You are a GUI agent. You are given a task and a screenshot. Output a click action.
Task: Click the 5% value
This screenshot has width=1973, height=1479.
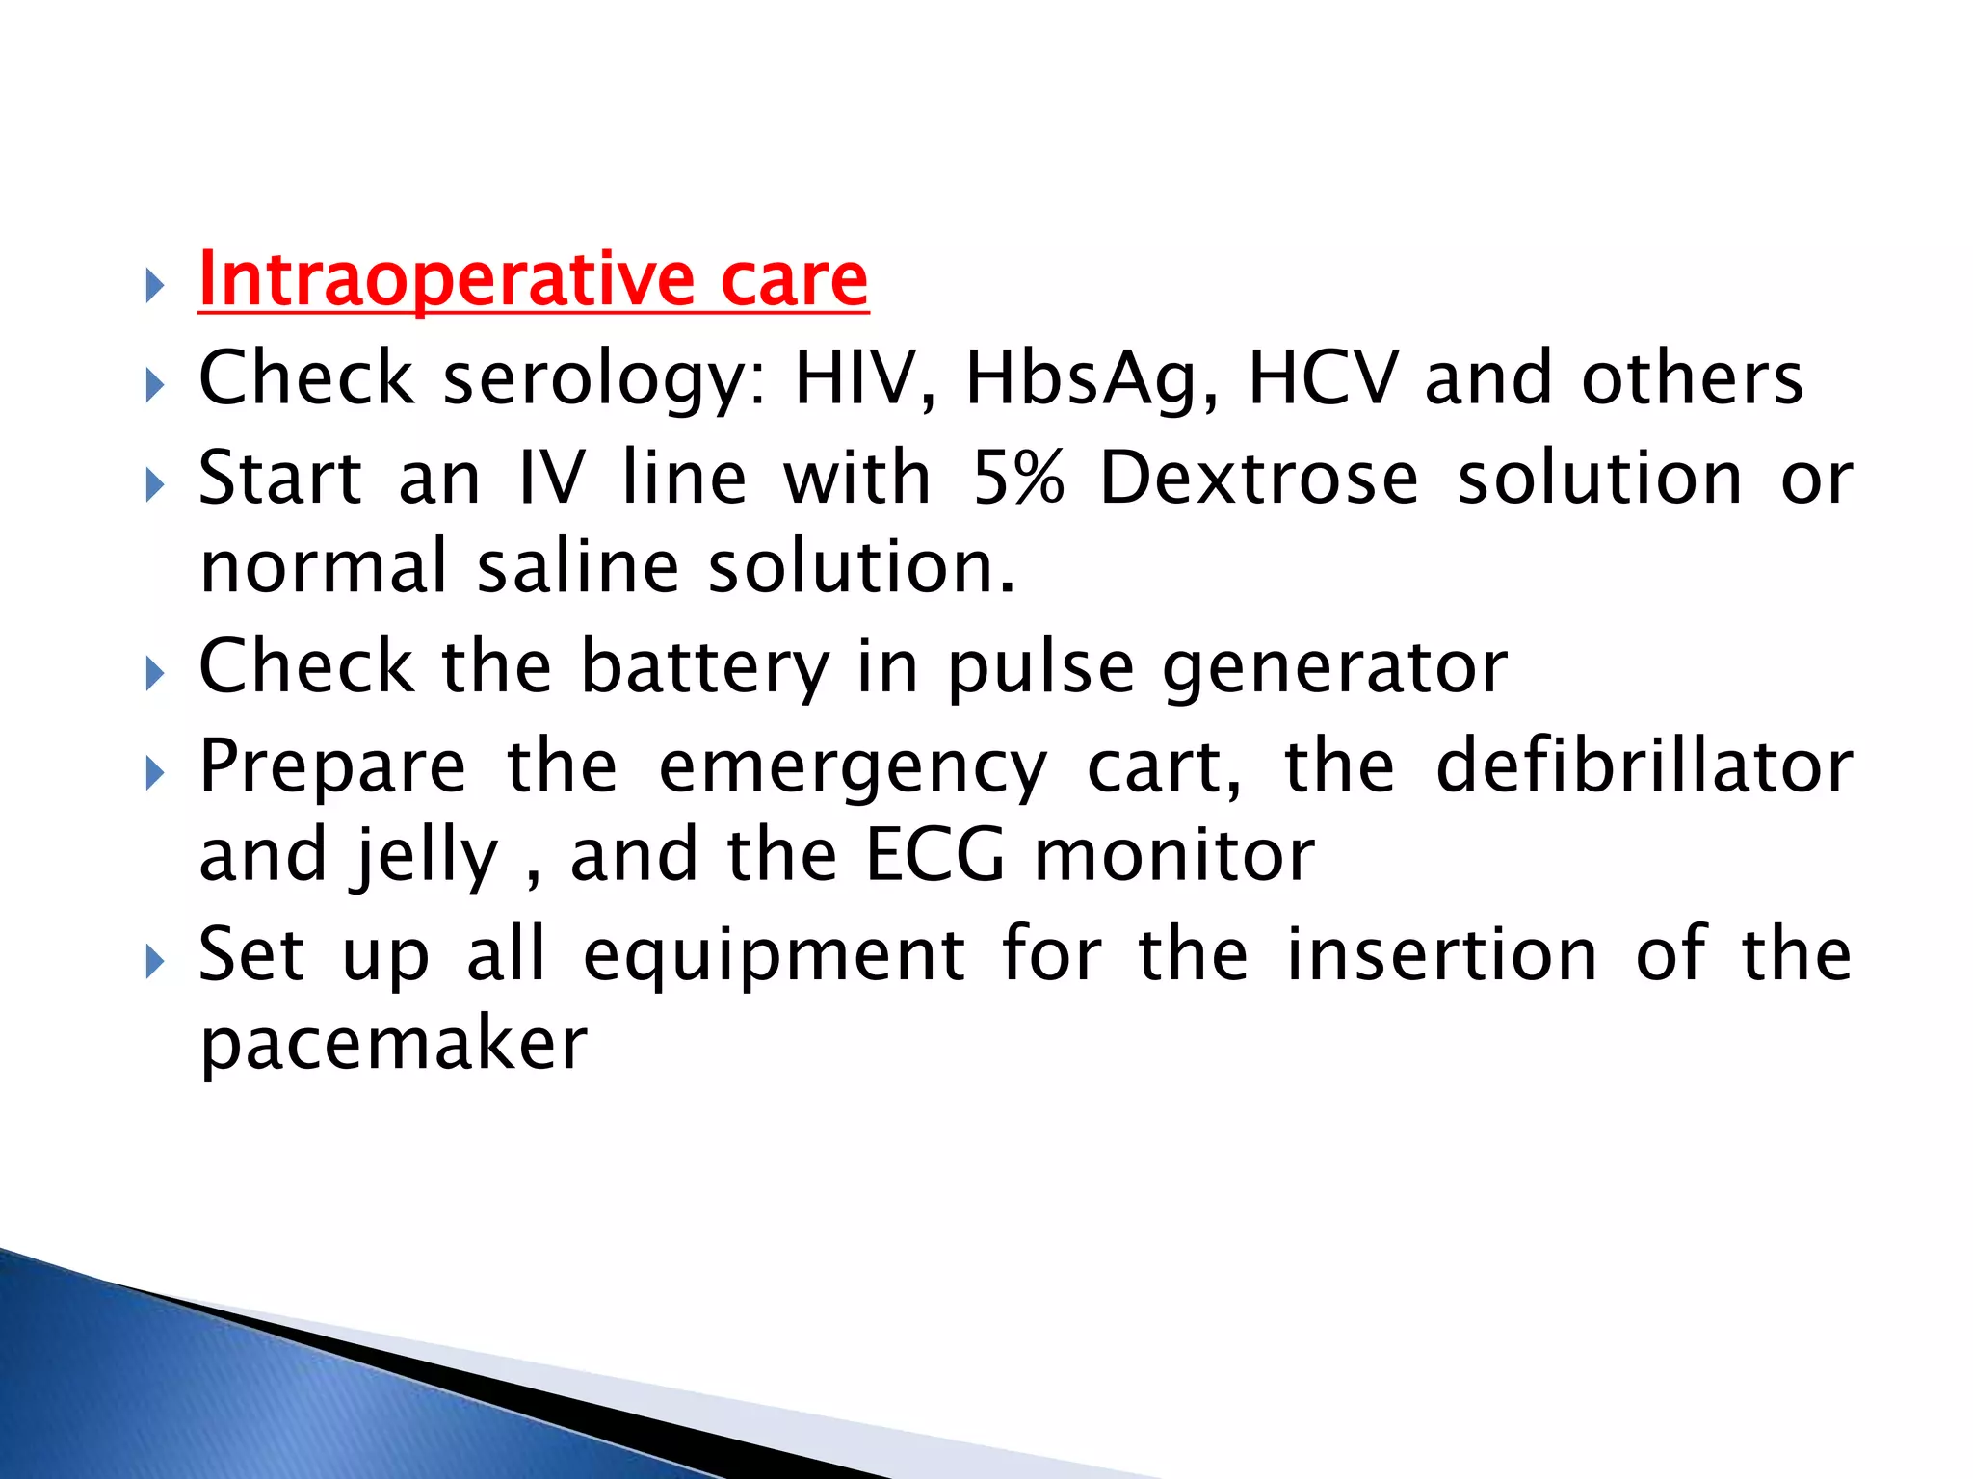pyautogui.click(x=1018, y=478)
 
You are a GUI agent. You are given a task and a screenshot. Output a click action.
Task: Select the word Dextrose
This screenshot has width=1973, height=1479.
pyautogui.click(x=1258, y=478)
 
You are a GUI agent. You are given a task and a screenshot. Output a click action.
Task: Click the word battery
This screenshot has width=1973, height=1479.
pyautogui.click(x=705, y=666)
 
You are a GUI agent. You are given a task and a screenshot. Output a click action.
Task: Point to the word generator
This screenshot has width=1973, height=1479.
pyautogui.click(x=1335, y=666)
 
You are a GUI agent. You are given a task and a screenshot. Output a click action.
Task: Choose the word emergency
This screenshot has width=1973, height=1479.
pyautogui.click(x=852, y=766)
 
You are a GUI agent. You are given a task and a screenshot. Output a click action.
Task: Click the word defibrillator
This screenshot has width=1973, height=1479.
pyautogui.click(x=1644, y=766)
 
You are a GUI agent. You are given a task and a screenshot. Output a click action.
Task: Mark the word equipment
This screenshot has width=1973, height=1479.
pyautogui.click(x=774, y=955)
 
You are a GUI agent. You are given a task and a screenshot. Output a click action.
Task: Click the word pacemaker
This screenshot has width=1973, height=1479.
pyautogui.click(x=393, y=1044)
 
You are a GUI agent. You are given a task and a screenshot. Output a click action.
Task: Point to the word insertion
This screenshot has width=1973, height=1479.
pyautogui.click(x=1442, y=955)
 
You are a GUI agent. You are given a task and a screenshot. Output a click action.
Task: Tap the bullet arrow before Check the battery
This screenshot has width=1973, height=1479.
pyautogui.click(x=155, y=673)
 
